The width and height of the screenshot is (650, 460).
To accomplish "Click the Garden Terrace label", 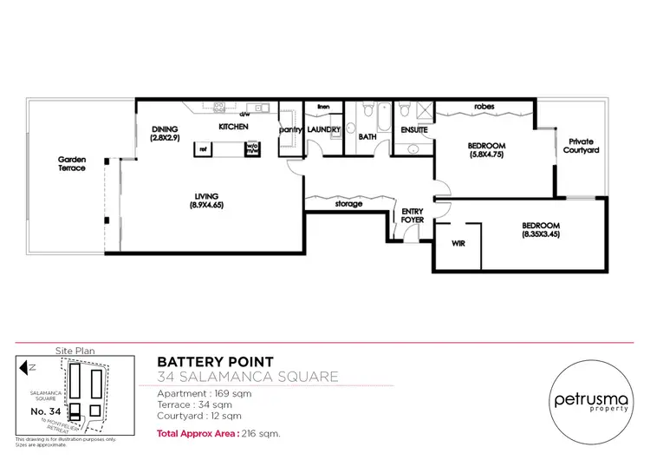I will (x=72, y=163).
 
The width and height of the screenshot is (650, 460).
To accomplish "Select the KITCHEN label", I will (x=233, y=127).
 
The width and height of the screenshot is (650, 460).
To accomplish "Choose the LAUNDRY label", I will (x=323, y=130).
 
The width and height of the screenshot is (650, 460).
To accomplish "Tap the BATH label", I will (x=367, y=136).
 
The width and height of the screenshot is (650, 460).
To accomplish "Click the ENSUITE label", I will (x=413, y=131).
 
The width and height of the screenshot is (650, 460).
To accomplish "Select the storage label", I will (x=348, y=204).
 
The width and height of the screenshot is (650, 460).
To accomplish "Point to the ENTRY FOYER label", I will (x=412, y=216).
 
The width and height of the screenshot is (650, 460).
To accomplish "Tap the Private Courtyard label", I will (x=583, y=146).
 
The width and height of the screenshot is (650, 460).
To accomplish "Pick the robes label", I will (x=484, y=107).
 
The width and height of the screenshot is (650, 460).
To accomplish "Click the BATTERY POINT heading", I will (x=215, y=361).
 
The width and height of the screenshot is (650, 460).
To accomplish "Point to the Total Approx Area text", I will (x=209, y=432).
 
